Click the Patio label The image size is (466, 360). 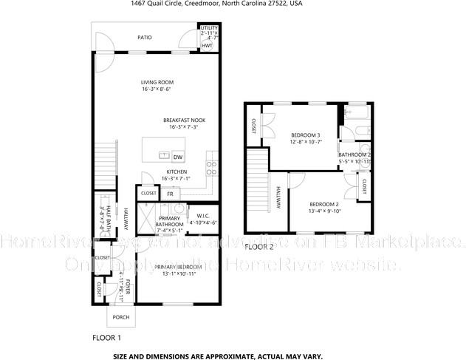pos(145,36)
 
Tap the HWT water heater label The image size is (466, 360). pos(207,45)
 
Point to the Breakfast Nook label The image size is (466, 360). pos(184,120)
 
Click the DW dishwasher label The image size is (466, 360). pos(177,157)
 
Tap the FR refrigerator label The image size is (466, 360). pos(170,194)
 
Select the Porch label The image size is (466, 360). pos(120,317)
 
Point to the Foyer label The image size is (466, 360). pos(127,289)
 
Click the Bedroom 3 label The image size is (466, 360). pos(305,135)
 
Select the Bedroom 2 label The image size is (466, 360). pos(323,204)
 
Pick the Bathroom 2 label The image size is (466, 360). pos(354,154)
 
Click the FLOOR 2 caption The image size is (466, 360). pos(259,247)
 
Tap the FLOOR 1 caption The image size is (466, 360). pos(106,337)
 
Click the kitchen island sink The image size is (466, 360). pos(164,156)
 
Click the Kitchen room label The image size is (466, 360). pos(177,171)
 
